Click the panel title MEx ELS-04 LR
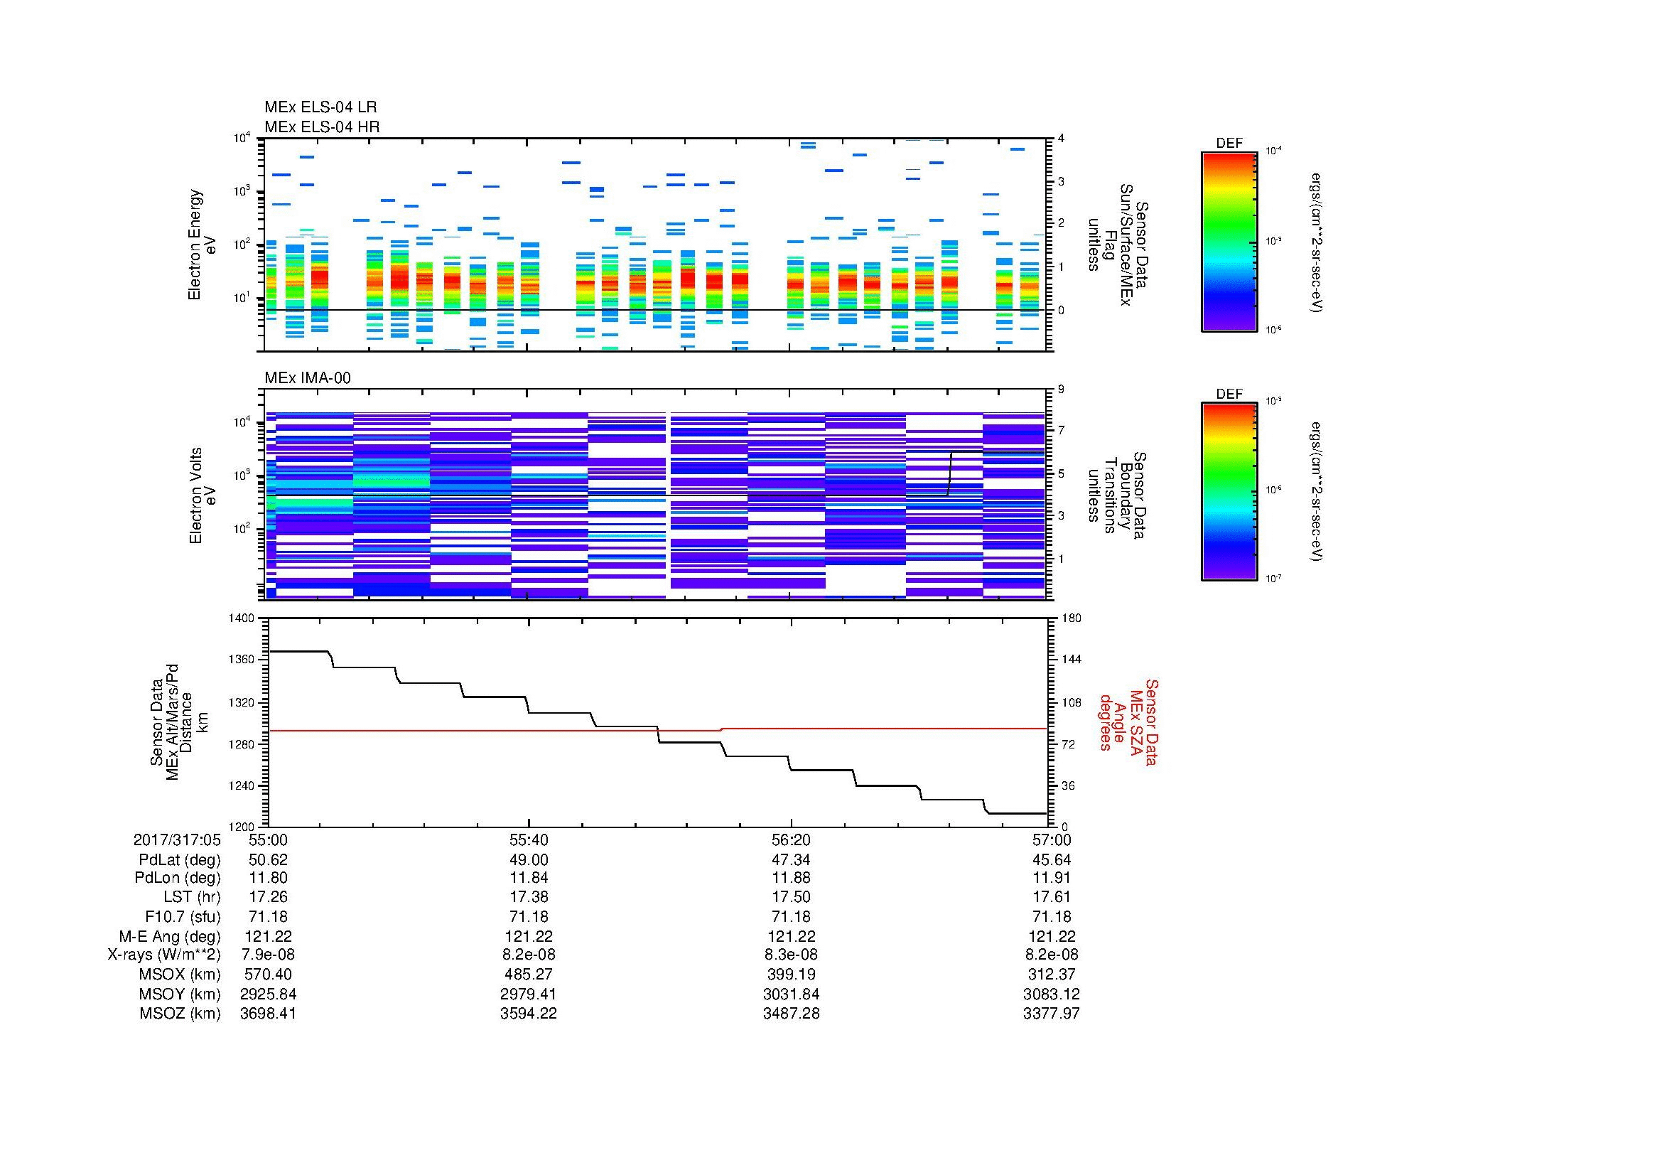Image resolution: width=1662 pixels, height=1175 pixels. (320, 107)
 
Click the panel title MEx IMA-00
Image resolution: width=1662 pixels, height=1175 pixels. (307, 378)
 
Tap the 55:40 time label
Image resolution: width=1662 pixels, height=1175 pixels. (529, 839)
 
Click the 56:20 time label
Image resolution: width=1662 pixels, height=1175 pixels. (791, 839)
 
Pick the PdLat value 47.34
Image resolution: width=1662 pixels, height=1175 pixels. (791, 859)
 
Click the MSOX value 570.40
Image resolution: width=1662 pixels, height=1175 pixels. (268, 975)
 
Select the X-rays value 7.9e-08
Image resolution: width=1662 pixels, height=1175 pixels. (268, 955)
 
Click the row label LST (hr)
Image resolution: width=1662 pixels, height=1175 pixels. (191, 897)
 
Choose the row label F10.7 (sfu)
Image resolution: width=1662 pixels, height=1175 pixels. (183, 916)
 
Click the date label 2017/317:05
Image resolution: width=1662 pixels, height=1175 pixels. (177, 839)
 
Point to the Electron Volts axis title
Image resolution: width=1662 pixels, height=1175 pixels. (195, 495)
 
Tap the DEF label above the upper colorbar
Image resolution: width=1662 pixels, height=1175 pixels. (1229, 144)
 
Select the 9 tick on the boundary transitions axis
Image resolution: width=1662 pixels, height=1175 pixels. (1061, 390)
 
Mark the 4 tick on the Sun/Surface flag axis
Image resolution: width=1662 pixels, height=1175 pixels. (1061, 139)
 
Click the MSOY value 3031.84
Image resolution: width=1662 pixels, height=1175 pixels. (791, 994)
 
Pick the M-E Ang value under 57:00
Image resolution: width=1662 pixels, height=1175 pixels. (1051, 936)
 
